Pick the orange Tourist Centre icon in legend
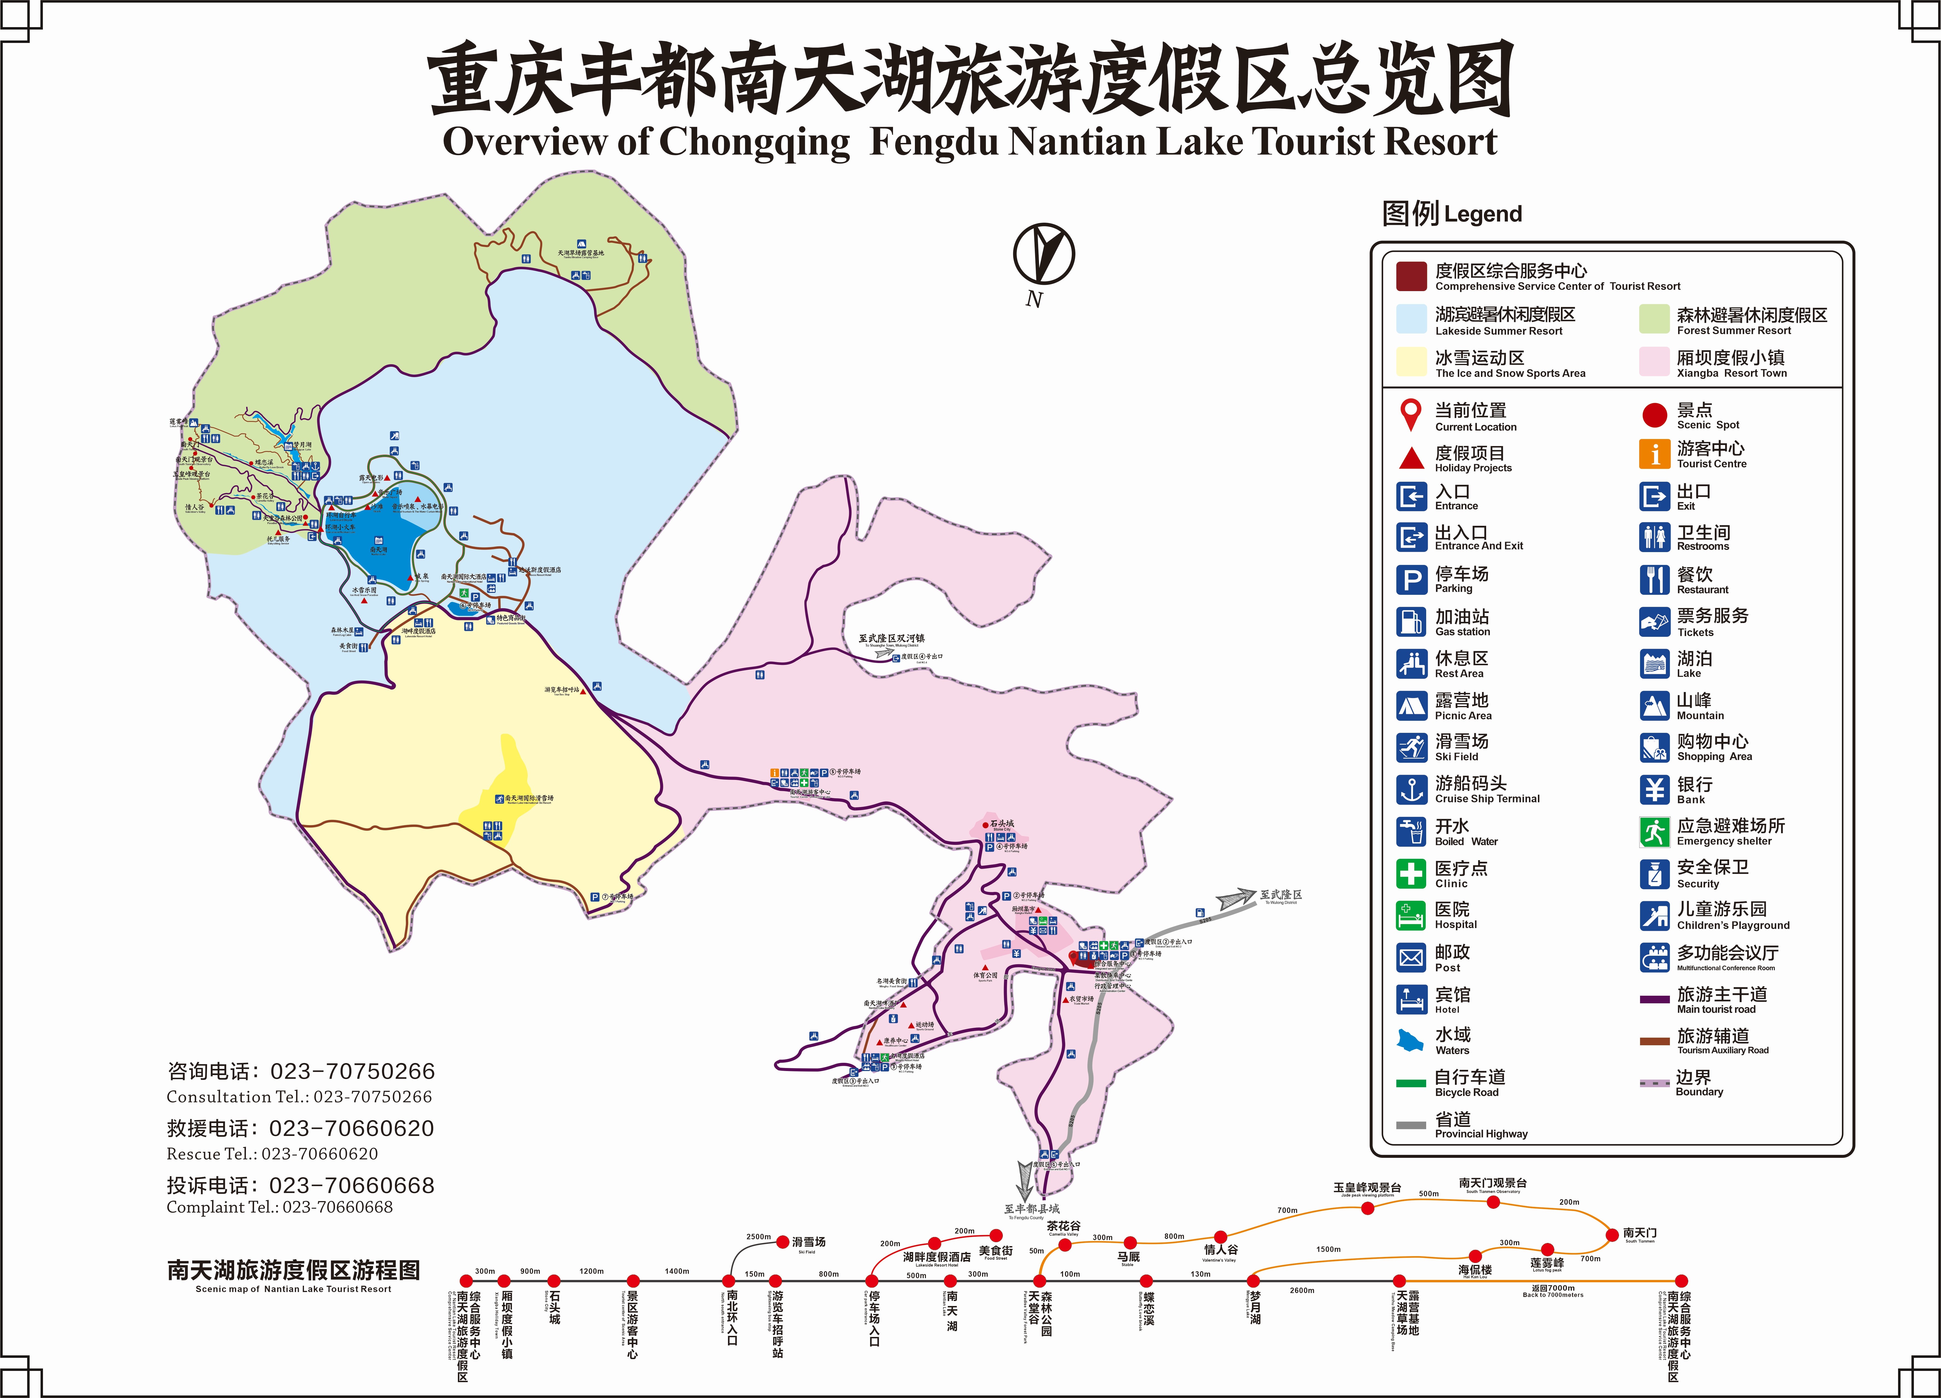[x=1654, y=454]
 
